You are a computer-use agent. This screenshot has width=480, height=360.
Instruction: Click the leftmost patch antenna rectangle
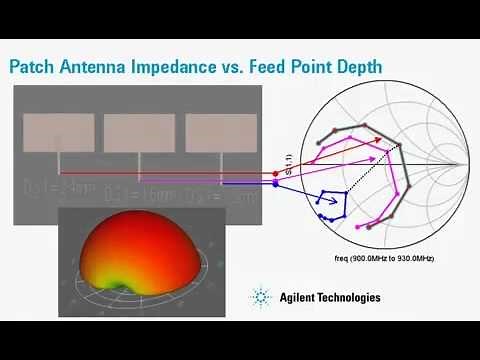pyautogui.click(x=59, y=132)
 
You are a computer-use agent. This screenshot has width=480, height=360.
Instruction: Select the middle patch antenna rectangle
pyautogui.click(x=139, y=132)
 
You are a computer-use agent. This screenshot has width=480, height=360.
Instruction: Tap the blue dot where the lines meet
pyautogui.click(x=275, y=183)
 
